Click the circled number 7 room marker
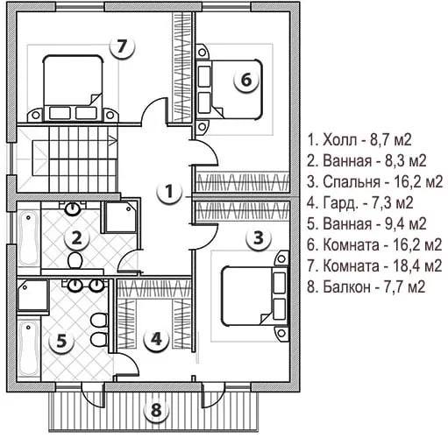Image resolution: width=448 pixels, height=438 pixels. (122, 46)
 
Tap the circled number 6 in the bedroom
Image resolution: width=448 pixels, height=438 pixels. (246, 80)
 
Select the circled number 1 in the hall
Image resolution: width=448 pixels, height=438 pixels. (168, 192)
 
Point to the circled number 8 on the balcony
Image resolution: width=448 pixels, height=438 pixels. (156, 409)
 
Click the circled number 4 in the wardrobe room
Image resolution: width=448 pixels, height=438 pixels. (156, 339)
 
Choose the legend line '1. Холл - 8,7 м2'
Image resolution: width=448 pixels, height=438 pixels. (359, 140)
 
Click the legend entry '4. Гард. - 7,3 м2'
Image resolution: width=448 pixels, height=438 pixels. (360, 202)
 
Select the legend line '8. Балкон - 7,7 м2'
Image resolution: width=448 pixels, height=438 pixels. (366, 286)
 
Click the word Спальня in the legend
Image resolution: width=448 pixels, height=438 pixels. (352, 182)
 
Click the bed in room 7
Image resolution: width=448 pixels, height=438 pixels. (73, 88)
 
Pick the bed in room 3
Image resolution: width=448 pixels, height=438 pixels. (254, 295)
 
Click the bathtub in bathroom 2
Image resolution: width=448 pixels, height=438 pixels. (29, 238)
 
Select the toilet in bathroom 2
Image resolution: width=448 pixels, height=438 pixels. (75, 261)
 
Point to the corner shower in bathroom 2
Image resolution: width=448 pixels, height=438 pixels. (120, 217)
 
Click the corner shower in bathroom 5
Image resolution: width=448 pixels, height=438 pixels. (33, 295)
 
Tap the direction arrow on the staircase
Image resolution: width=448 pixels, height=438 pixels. (113, 141)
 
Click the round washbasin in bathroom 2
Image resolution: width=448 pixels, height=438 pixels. (72, 208)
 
